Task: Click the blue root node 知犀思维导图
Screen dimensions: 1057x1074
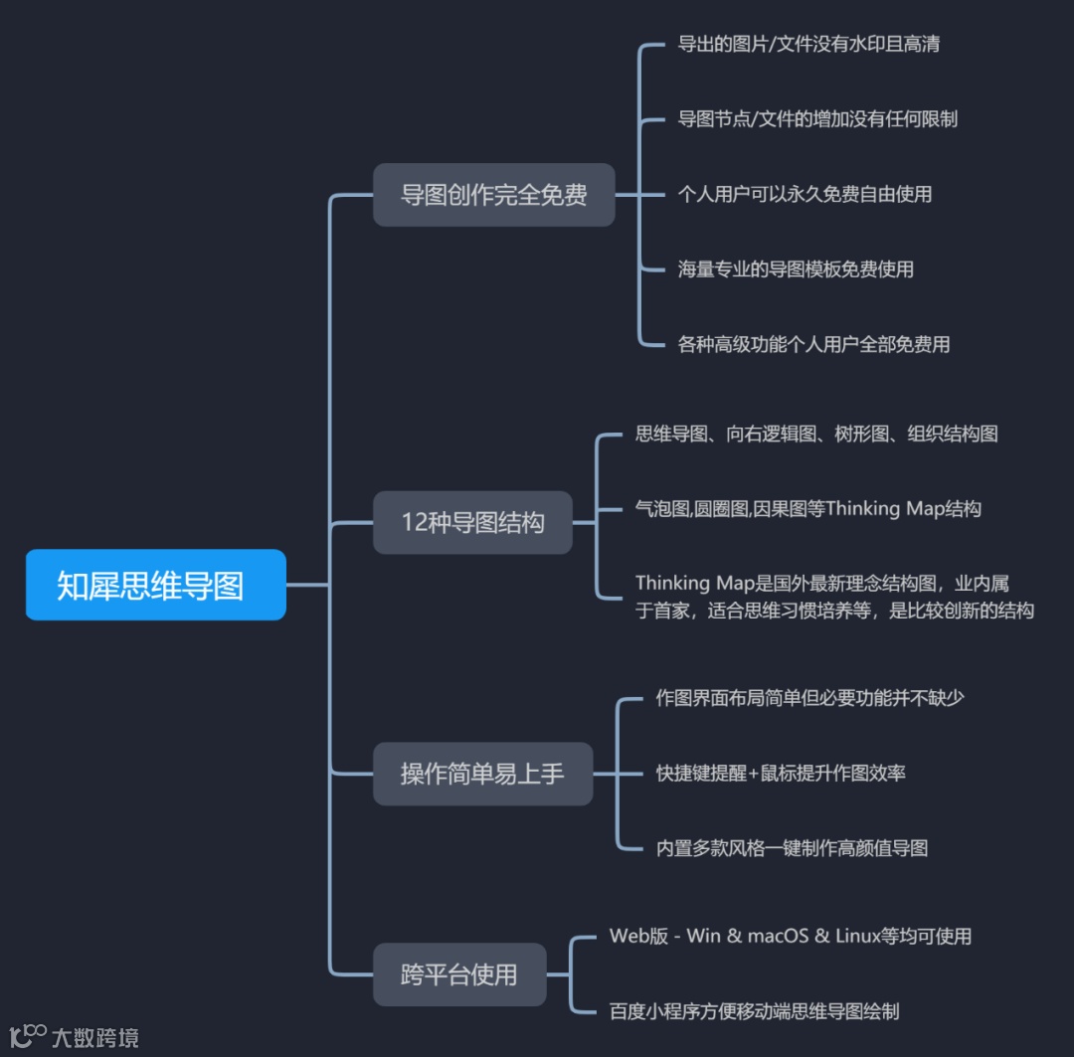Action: coord(155,585)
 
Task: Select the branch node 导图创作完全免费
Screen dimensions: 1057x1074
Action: coord(493,195)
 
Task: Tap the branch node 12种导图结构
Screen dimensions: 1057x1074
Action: coord(472,522)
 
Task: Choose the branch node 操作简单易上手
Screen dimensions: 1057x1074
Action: coord(482,774)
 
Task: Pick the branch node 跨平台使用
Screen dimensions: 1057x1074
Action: coord(458,974)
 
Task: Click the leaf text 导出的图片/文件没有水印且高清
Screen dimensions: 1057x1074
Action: coord(808,45)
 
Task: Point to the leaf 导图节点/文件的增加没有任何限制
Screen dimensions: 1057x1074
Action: coord(817,119)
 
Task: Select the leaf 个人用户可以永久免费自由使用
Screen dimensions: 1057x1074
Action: coord(805,194)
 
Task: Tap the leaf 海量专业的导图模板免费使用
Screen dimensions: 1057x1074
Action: coord(796,269)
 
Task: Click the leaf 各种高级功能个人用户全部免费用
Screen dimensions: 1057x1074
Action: coord(813,344)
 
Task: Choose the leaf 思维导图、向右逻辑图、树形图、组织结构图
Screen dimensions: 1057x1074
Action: coord(816,434)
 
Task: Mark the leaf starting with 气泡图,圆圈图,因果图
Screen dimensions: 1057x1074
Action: coord(807,509)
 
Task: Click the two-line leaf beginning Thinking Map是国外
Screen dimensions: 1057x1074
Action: coord(834,597)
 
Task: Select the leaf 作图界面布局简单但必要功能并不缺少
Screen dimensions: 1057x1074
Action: coord(809,697)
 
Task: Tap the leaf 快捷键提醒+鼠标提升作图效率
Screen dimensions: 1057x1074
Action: coord(781,773)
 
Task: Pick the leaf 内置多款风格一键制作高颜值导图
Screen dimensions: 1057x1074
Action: coord(792,848)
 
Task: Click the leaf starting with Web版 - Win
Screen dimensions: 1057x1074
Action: coord(790,936)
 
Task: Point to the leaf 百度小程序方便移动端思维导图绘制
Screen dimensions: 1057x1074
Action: coord(754,1011)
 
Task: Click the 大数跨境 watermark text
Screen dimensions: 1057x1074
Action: coord(95,1038)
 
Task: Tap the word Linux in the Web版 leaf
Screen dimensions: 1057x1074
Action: coord(858,936)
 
